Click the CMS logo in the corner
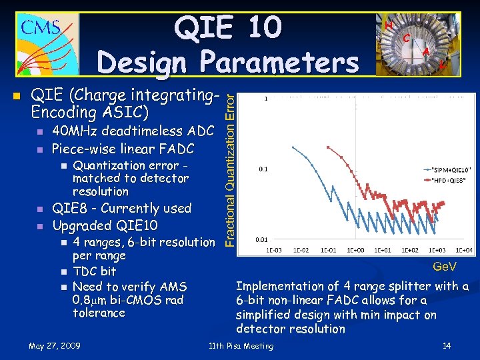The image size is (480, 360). (x=41, y=43)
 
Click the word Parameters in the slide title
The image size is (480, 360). (x=275, y=63)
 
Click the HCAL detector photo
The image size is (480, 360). (x=418, y=43)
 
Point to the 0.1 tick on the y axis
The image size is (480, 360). (x=264, y=169)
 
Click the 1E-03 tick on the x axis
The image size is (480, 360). (x=273, y=249)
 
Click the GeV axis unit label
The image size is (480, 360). (x=445, y=267)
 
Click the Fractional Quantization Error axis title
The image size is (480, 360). (x=229, y=170)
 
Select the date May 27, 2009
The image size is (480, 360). (x=55, y=346)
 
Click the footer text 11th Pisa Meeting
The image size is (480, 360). (x=241, y=346)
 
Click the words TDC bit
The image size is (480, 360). (x=94, y=271)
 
